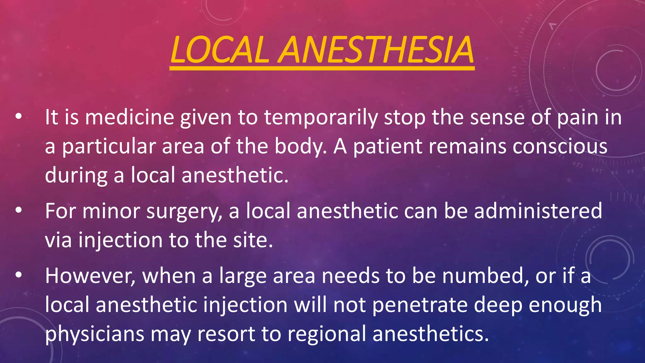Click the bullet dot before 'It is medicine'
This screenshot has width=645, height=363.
click(19, 117)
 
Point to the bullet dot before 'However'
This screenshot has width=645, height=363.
click(19, 275)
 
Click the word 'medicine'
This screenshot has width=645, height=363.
click(129, 117)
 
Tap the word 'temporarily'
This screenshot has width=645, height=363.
click(321, 118)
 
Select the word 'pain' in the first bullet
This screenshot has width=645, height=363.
click(578, 118)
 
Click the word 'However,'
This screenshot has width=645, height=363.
click(90, 276)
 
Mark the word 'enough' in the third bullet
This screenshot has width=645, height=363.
click(565, 305)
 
